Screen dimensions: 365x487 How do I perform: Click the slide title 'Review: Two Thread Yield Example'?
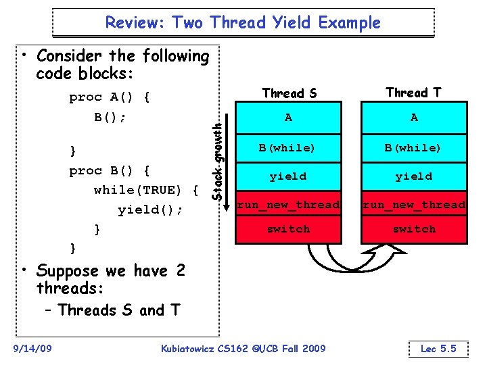click(243, 22)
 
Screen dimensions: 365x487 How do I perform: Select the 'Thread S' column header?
click(289, 93)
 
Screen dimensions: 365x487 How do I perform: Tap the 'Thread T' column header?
click(413, 93)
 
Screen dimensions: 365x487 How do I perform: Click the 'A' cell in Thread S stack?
click(289, 118)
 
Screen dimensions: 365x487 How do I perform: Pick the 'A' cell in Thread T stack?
click(414, 118)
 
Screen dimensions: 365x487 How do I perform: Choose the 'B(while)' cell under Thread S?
click(289, 147)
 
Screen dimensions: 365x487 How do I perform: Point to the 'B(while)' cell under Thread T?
click(414, 147)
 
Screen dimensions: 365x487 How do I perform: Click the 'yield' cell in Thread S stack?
click(289, 176)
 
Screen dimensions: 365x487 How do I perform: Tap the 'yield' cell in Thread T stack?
click(414, 176)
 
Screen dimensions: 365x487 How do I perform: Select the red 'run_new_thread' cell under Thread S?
click(289, 204)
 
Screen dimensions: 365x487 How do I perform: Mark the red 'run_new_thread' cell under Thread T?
click(414, 204)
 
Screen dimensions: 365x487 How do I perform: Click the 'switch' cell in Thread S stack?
click(289, 229)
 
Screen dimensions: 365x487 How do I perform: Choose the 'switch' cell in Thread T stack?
click(414, 229)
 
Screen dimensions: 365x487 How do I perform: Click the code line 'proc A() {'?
click(109, 97)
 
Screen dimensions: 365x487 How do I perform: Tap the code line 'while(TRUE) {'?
click(146, 190)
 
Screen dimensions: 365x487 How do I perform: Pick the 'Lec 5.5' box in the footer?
click(438, 349)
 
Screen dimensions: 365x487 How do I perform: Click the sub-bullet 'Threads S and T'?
click(118, 310)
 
